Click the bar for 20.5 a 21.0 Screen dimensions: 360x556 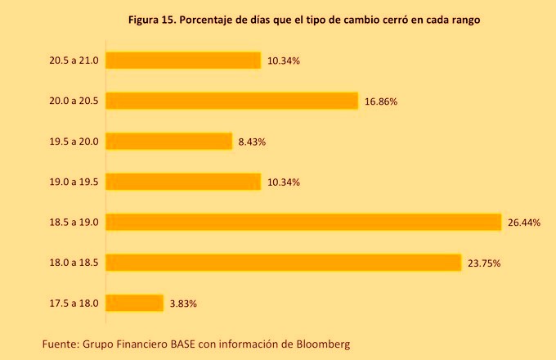point(183,61)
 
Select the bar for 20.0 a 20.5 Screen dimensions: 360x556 point(232,101)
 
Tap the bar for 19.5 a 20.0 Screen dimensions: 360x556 point(169,142)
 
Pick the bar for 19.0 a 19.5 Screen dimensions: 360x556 point(183,182)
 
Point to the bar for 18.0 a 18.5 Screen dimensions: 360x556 point(284,263)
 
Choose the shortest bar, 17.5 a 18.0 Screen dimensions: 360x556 point(135,303)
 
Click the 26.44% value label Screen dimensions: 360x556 point(524,223)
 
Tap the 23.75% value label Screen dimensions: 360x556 point(484,263)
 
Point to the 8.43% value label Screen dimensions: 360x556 point(252,142)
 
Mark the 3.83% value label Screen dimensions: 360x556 point(183,304)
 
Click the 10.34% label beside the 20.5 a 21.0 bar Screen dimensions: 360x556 point(283,61)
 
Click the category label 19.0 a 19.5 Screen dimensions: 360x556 point(74,182)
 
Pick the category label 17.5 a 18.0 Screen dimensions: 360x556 point(74,304)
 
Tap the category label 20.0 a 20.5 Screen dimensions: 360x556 point(74,101)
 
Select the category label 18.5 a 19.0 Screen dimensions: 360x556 point(74,223)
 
